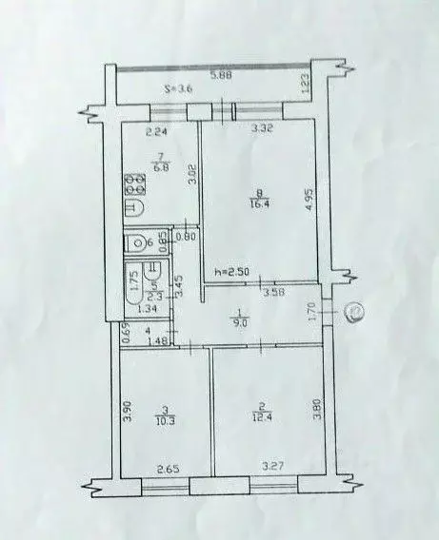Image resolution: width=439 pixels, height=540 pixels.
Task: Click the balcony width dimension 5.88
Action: (x=220, y=76)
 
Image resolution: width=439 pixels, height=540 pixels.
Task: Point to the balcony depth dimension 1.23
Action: (x=305, y=84)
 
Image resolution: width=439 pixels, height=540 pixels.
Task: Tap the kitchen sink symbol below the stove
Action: (x=134, y=208)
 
